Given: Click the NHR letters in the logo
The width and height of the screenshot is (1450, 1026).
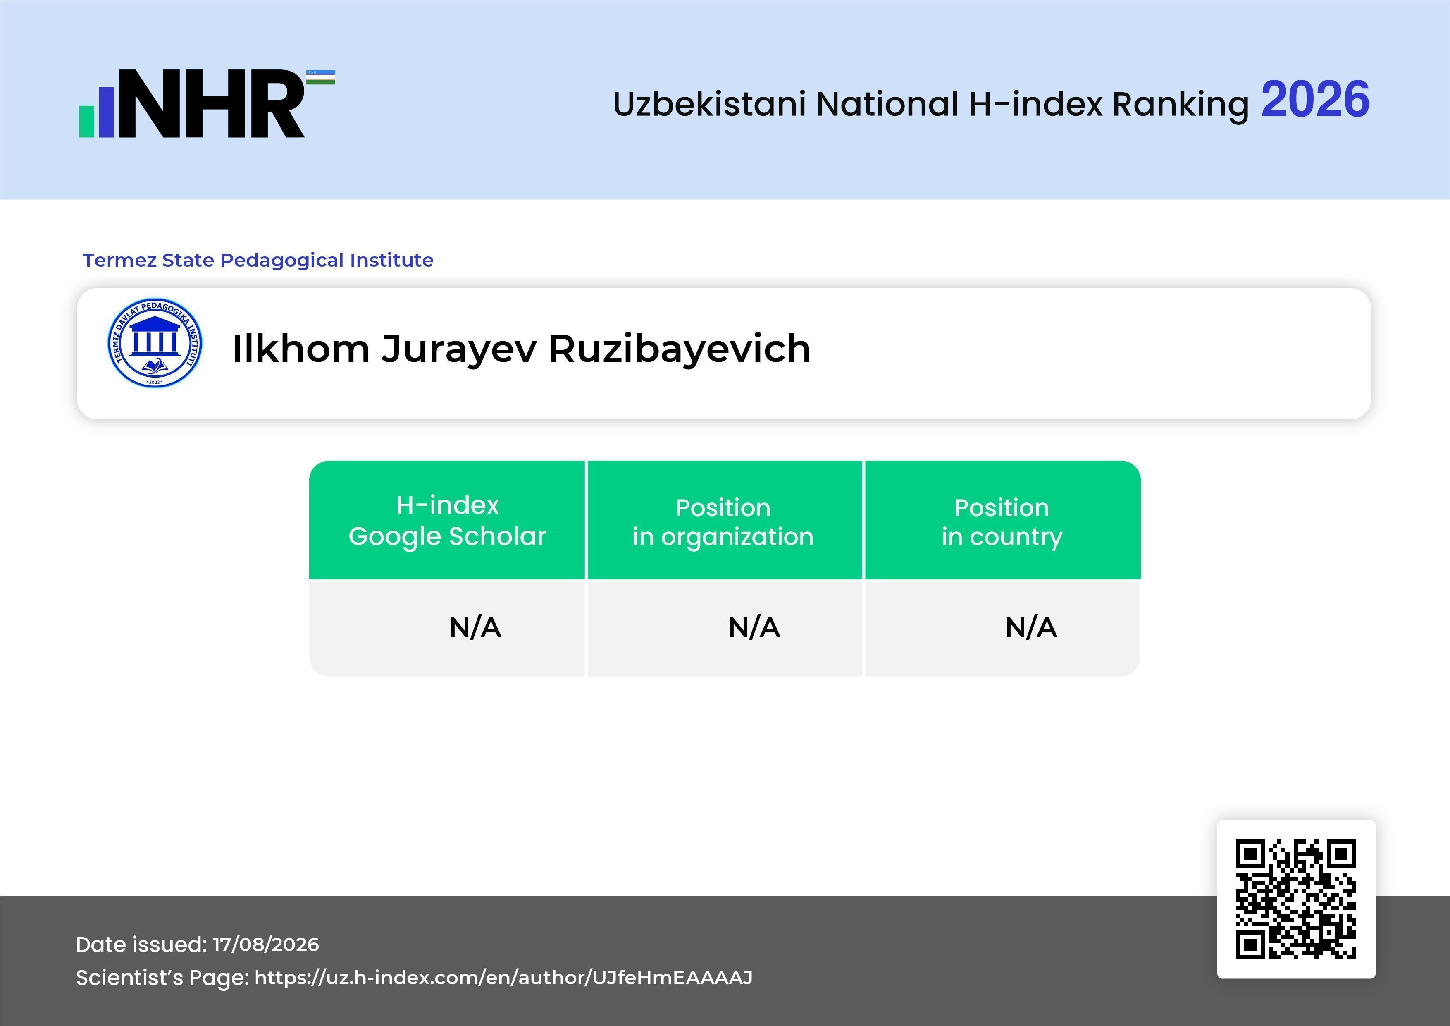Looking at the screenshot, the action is point(212,104).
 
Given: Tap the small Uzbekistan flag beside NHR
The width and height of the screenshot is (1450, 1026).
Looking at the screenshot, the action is point(321,77).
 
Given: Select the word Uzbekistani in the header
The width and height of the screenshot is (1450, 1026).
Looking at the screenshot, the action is point(710,104).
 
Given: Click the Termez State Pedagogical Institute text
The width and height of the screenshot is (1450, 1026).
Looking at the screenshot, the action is point(258,260).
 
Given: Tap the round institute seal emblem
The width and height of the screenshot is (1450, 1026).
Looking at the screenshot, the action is point(155,342).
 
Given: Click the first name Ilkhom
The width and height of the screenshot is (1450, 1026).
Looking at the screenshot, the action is point(300,348).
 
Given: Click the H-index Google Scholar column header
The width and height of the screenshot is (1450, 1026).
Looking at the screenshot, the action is point(447,521).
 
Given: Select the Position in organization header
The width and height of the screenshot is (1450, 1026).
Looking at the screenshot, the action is point(723,522).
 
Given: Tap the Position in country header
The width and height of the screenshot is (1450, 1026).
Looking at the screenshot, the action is point(1002,522).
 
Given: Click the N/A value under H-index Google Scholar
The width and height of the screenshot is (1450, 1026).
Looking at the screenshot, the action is point(475,627).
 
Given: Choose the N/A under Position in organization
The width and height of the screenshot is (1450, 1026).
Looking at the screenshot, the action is point(754,627).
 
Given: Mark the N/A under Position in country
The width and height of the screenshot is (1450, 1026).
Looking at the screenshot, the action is point(1030,627).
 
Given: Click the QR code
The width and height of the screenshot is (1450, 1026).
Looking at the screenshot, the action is point(1296,899).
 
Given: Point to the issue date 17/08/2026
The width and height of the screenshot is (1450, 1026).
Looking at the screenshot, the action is point(266,945).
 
